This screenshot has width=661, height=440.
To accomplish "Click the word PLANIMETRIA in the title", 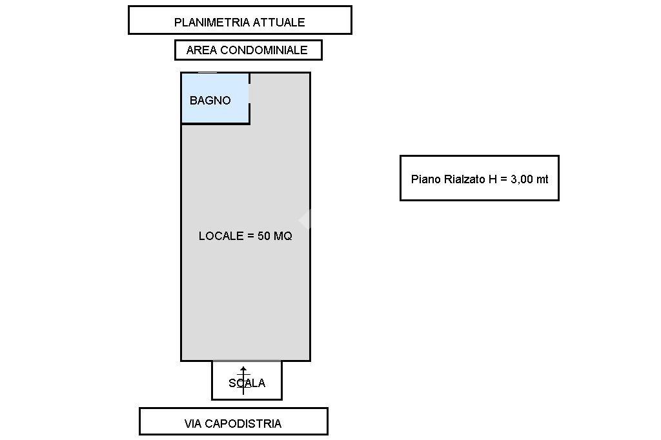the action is (205, 23).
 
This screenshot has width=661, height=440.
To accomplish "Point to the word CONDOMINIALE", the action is (264, 50).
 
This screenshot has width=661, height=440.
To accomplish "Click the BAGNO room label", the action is (210, 100).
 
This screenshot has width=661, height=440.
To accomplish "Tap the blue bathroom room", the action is (215, 98).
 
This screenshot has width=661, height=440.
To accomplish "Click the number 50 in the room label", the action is (264, 236).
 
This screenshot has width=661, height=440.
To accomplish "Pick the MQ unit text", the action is (283, 236).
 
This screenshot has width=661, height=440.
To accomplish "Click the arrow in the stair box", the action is (243, 381).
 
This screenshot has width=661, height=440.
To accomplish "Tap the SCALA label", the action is (247, 383).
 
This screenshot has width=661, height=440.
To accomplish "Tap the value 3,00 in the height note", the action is (522, 179).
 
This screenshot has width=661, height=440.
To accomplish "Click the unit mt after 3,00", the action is (542, 179).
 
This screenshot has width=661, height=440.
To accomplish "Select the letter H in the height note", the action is (493, 179).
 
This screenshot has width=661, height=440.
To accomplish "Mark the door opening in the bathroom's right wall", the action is (249, 94).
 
